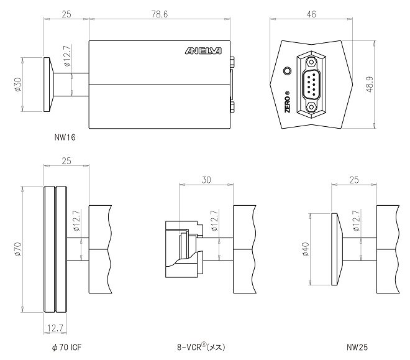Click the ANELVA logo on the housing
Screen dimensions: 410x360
tap(203, 51)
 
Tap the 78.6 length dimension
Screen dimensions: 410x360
tap(160, 14)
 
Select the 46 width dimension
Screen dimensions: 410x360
tap(311, 14)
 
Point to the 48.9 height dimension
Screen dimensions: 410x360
tap(370, 84)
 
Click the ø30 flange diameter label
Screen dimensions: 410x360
tap(18, 84)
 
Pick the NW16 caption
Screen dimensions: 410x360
tap(65, 137)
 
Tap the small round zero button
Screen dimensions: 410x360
tap(288, 71)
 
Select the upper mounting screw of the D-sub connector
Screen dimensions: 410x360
tap(311, 62)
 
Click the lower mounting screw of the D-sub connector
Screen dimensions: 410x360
tap(311, 107)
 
